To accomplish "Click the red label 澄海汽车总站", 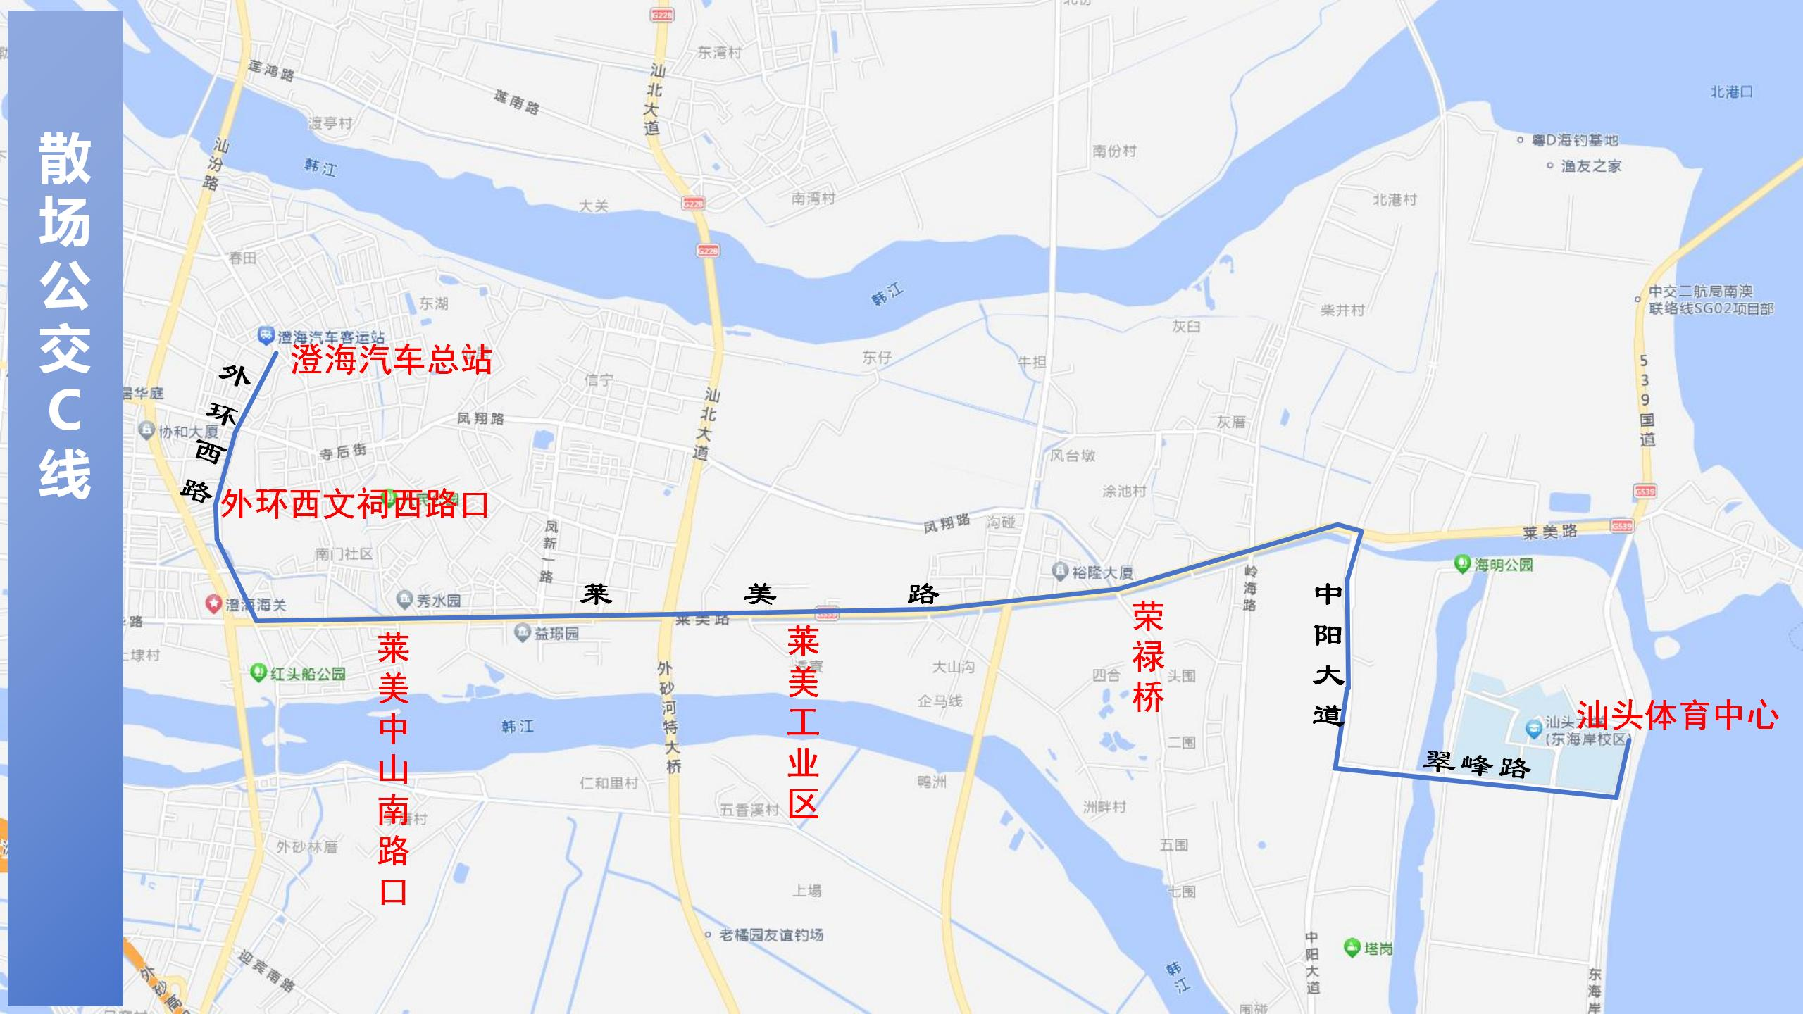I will (x=391, y=360).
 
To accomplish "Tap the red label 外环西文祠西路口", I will (x=354, y=504).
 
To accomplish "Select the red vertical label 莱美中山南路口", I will (x=393, y=768).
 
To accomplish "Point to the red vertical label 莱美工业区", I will (x=803, y=722).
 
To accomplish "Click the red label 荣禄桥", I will (x=1148, y=657).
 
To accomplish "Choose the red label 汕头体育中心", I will (x=1677, y=715).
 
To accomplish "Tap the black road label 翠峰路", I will (x=1476, y=764).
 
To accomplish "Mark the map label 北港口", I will (x=1731, y=92).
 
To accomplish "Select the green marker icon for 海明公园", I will (x=1463, y=563).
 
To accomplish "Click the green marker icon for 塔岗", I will (x=1352, y=947).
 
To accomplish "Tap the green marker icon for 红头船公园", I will (x=258, y=672).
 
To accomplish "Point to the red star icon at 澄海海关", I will (x=213, y=603).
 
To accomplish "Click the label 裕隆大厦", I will (x=1102, y=572).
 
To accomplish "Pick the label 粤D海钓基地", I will (x=1575, y=140).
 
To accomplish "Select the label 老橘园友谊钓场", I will (x=771, y=934).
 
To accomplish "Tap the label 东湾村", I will (x=720, y=53).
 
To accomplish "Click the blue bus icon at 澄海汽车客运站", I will (x=265, y=335).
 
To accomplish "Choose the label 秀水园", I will (x=438, y=601).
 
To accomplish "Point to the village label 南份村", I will (x=1114, y=151).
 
